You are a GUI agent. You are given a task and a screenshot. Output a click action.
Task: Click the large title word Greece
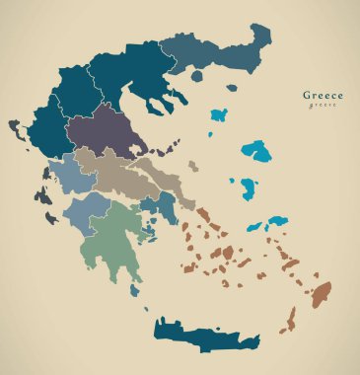point(324,96)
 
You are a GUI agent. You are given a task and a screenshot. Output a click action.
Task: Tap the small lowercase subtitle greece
point(323,106)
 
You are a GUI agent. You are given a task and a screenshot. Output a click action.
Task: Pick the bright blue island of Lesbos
point(258,151)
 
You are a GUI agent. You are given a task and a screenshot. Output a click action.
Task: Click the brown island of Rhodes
point(322,292)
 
